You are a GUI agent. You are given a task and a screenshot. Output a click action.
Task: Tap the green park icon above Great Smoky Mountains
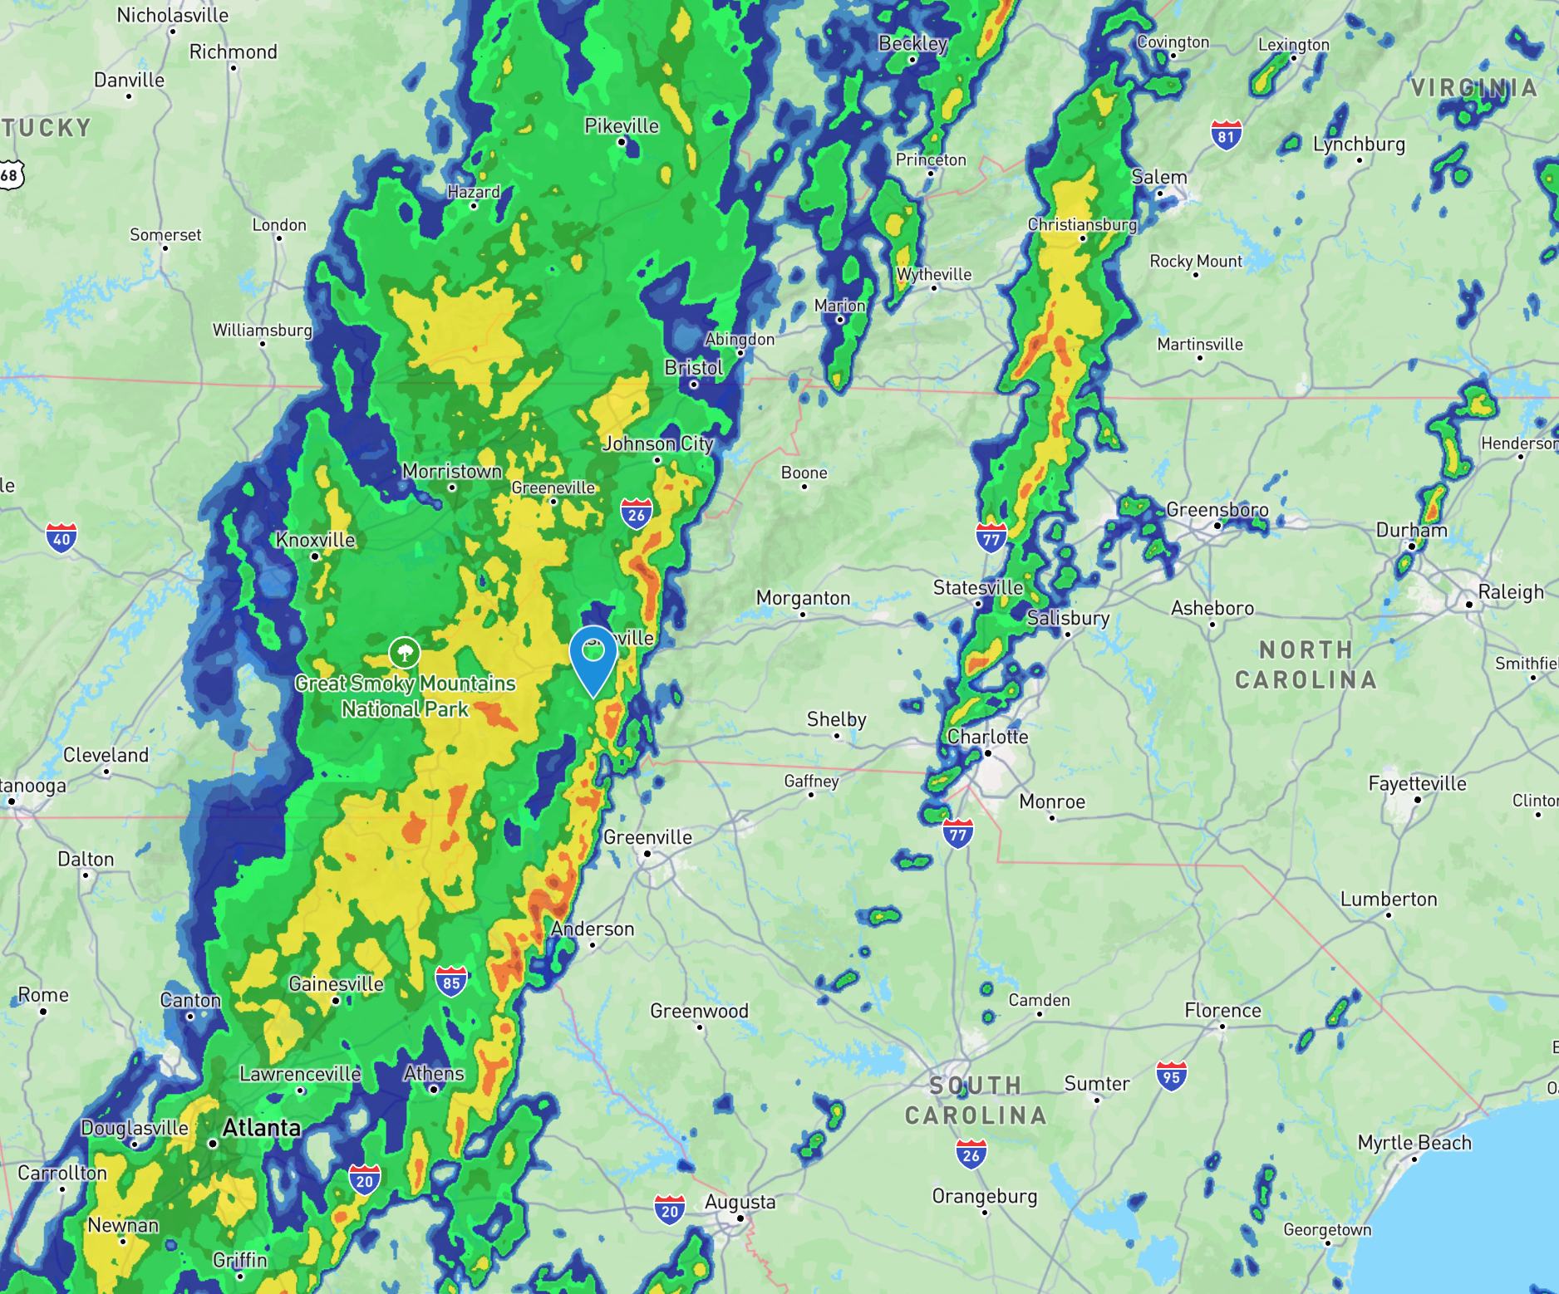pos(405,653)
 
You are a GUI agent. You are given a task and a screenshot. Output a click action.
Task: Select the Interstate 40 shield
pos(61,538)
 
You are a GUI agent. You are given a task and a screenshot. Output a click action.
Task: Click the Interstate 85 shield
pos(451,982)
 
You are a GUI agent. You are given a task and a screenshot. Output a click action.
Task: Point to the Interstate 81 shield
pos(1227,135)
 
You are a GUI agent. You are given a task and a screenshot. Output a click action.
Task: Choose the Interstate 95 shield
pos(1171,1076)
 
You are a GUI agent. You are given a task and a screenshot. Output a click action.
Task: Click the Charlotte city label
pos(987,737)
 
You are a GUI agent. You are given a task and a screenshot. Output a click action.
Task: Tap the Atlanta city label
pos(261,1128)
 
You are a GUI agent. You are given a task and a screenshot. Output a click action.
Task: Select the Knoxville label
pos(315,540)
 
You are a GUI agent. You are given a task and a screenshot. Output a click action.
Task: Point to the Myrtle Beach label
pos(1414,1143)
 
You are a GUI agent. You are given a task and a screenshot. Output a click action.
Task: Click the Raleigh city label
pos(1510,592)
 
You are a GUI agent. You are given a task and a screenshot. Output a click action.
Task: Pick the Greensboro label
pos(1217,509)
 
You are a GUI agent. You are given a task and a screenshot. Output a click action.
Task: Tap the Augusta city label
pos(740,1202)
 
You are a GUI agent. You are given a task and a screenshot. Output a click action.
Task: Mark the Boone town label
pos(804,473)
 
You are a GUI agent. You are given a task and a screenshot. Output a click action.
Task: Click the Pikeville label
pos(621,125)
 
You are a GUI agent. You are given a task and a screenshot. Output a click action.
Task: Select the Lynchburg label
pos(1359,144)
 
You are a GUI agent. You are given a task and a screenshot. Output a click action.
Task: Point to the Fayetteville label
pos(1417,783)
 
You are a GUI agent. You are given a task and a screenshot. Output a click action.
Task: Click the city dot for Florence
pos(1222,1027)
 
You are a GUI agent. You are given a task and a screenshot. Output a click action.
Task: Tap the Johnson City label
pos(657,444)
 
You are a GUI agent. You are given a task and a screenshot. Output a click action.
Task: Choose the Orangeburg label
pos(984,1196)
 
